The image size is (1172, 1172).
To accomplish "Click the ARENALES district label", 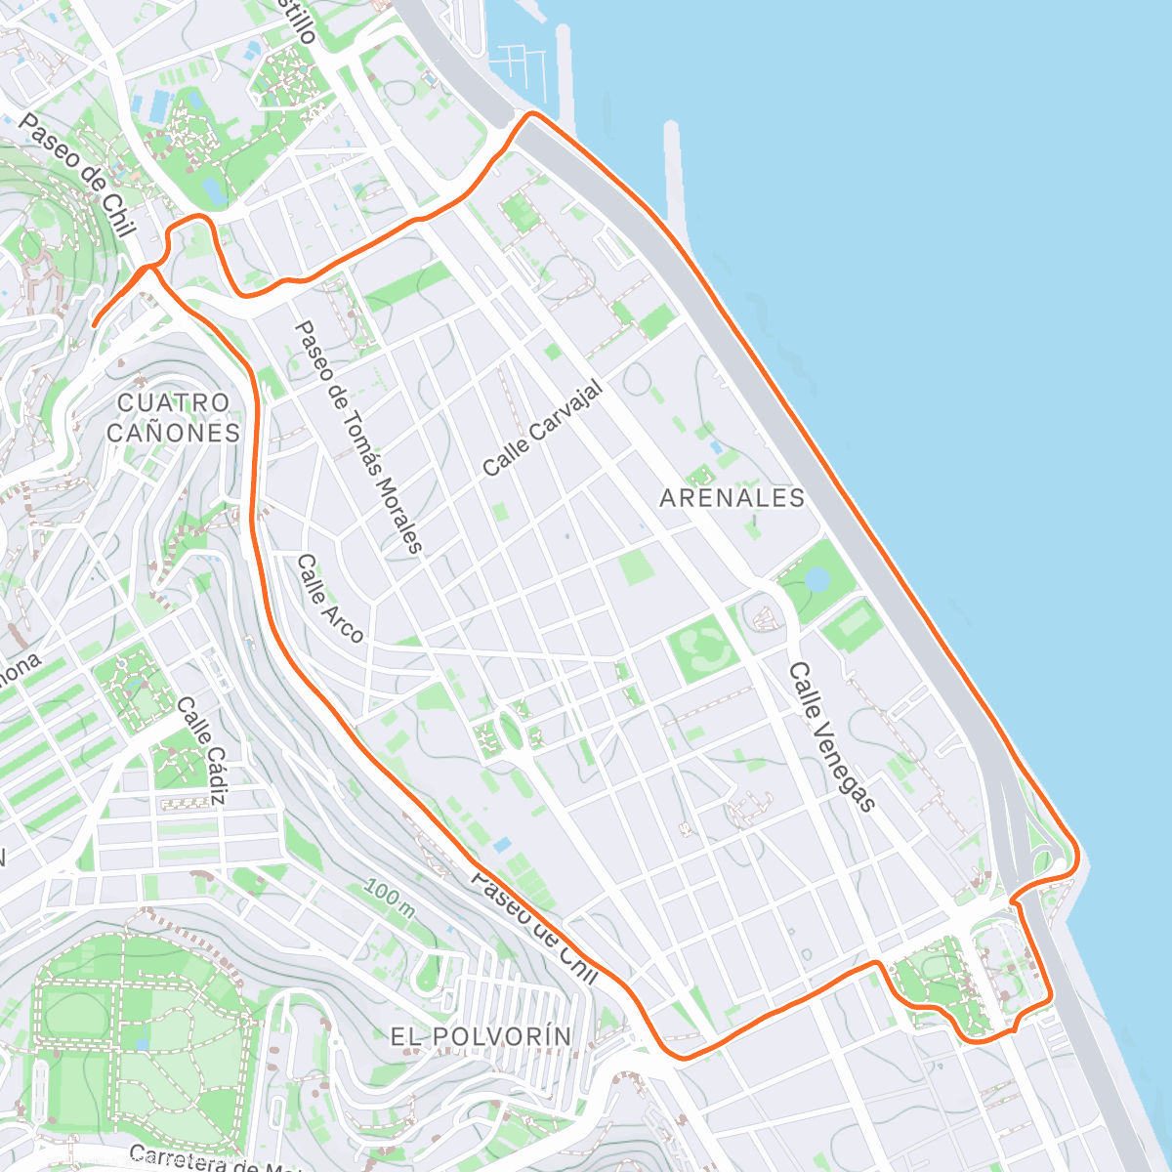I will [732, 498].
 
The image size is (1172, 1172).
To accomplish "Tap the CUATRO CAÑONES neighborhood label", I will [173, 418].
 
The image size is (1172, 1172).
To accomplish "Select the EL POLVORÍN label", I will [481, 1036].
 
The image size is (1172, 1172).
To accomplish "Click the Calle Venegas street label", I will [832, 737].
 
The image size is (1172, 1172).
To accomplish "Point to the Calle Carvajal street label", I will [543, 430].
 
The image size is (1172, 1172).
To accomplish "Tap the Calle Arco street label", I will [330, 599].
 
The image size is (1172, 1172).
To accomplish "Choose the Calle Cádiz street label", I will [202, 750].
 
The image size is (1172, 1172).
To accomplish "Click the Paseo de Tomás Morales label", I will [358, 438].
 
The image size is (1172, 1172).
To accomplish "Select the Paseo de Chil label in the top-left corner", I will [76, 175].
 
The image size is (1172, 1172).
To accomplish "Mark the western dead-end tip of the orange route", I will [94, 324].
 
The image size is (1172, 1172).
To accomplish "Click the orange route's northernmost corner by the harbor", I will [531, 114].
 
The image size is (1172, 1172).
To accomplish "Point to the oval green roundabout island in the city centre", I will [510, 729].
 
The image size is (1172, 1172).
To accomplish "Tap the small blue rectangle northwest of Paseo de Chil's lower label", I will [502, 844].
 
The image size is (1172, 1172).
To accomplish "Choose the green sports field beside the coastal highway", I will [854, 623].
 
